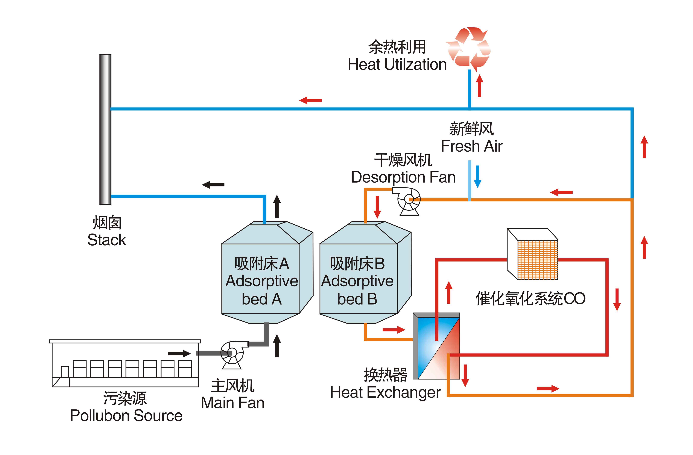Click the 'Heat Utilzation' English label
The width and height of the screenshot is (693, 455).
tap(397, 64)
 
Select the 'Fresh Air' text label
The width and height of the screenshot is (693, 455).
tap(472, 146)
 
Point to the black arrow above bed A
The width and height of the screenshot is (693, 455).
tap(277, 206)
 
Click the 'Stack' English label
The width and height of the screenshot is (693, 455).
tap(107, 240)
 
